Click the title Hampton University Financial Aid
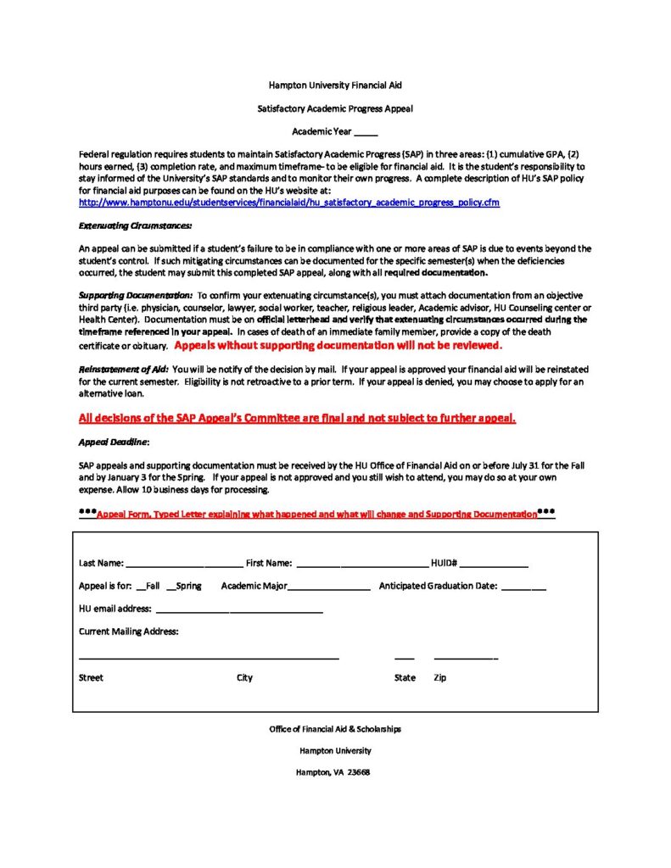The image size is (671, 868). (335, 86)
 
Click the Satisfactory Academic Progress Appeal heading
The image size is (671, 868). (335, 108)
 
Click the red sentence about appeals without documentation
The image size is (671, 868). (338, 346)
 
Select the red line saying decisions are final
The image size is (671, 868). (297, 418)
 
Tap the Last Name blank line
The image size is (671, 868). (184, 565)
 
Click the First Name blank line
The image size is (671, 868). (362, 565)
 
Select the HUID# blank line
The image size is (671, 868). (495, 565)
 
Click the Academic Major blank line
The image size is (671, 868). (329, 587)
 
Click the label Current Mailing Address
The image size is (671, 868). (128, 632)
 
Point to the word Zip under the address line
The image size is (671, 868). (439, 678)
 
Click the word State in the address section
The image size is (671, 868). (405, 678)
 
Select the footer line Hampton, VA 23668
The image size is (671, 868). (333, 772)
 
